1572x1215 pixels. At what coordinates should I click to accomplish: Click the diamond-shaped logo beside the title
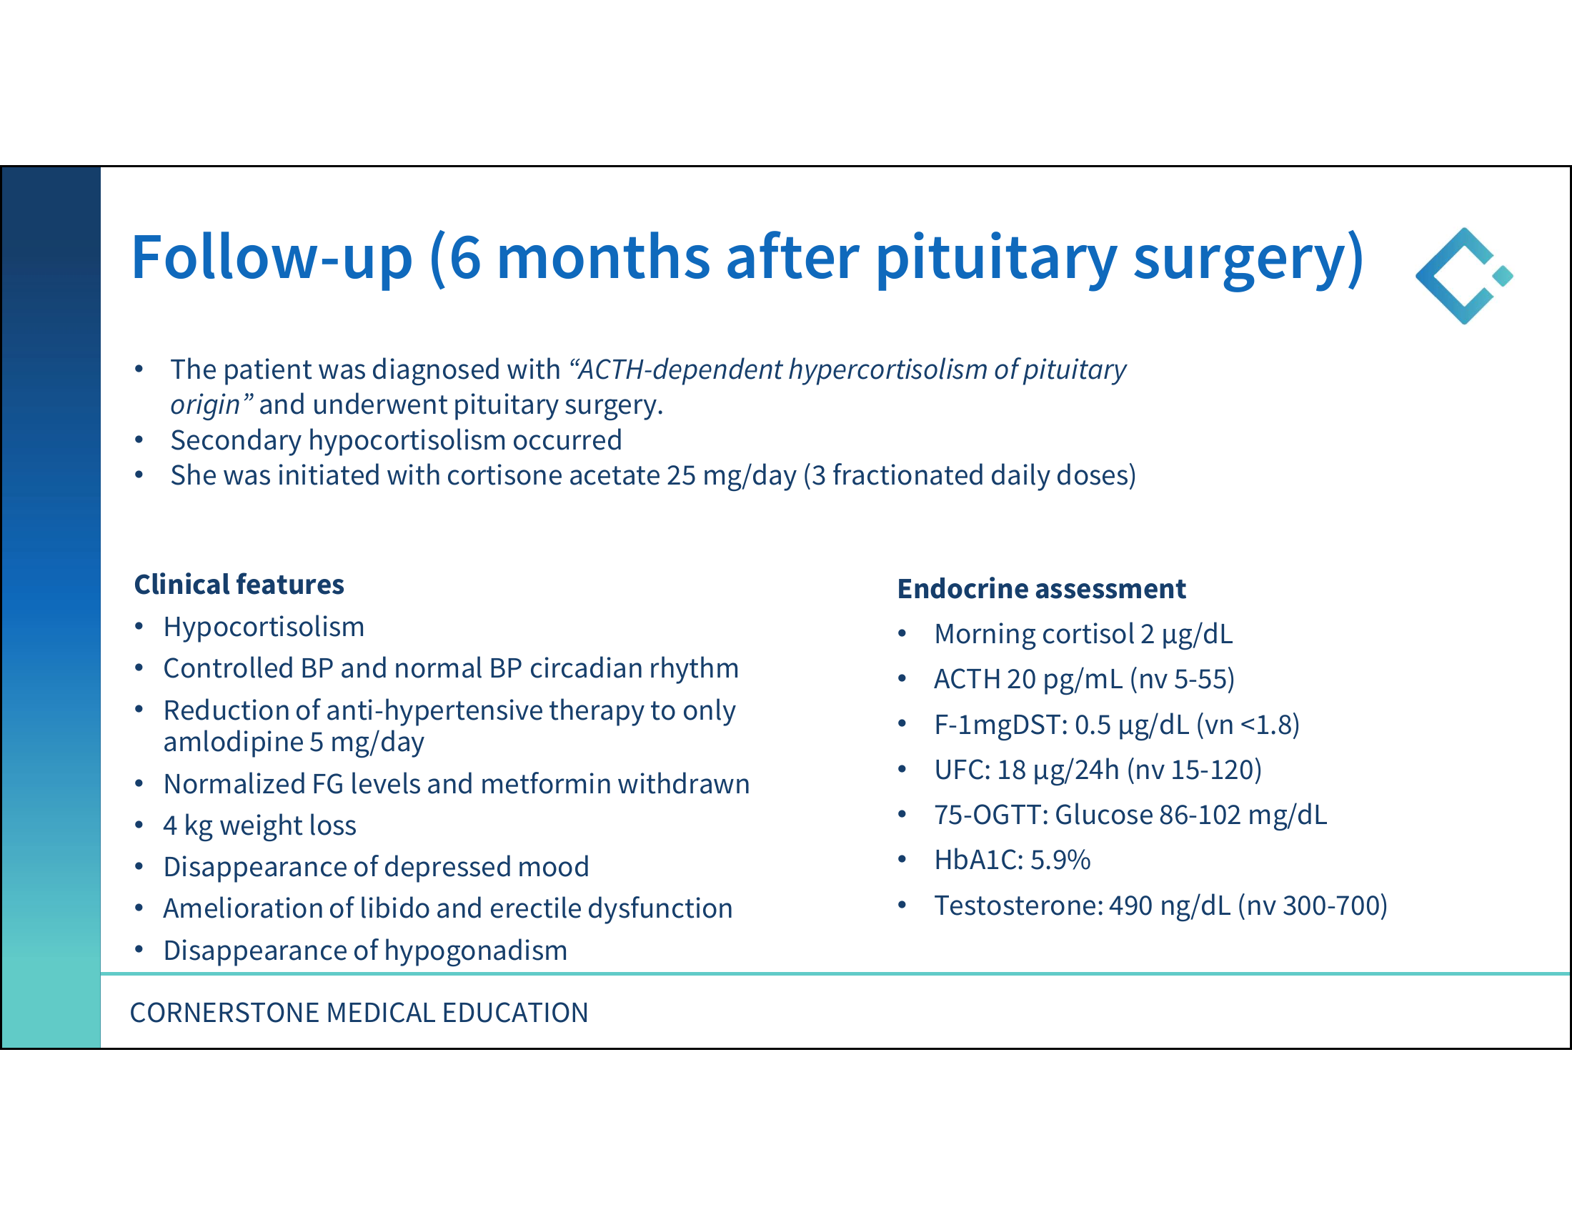point(1464,276)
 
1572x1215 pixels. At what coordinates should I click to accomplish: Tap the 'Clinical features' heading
point(239,585)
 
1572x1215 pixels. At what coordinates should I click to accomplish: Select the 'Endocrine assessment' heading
point(1041,589)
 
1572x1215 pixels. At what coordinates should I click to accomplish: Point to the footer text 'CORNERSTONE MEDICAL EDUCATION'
point(359,1013)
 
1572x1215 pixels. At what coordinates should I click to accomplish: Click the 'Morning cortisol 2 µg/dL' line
point(1083,634)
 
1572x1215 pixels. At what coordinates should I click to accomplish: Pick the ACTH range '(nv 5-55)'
point(1182,680)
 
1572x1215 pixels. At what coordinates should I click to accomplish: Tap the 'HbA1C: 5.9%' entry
point(1011,860)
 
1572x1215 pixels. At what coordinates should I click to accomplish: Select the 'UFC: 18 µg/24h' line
point(1026,770)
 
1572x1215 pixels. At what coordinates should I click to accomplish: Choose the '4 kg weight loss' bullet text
point(260,825)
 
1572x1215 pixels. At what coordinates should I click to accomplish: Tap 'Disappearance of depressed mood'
point(376,868)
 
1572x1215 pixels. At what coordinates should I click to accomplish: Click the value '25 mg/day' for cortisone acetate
point(731,476)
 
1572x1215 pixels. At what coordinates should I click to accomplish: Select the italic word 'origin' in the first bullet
point(205,405)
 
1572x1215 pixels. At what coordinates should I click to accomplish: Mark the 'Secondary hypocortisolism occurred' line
point(396,440)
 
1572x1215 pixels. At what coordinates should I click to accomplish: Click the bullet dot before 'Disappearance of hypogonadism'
point(139,951)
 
